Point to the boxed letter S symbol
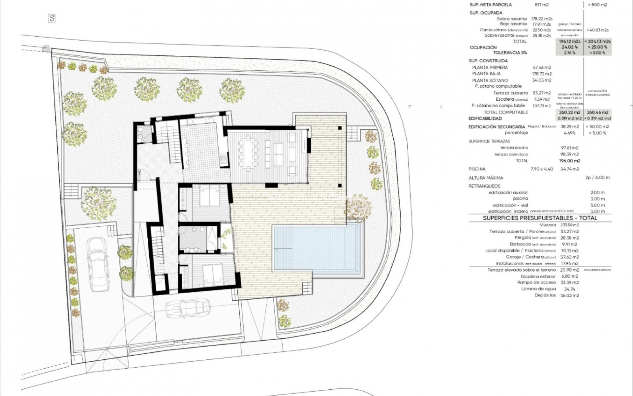click(51, 18)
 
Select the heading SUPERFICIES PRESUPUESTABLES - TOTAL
click(540, 218)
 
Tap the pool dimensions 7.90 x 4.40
click(542, 169)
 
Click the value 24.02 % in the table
click(569, 47)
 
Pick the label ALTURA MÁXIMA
click(486, 178)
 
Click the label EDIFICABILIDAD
click(485, 118)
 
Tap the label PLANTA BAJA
click(486, 74)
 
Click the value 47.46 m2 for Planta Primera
click(542, 67)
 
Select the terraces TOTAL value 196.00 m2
click(569, 161)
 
